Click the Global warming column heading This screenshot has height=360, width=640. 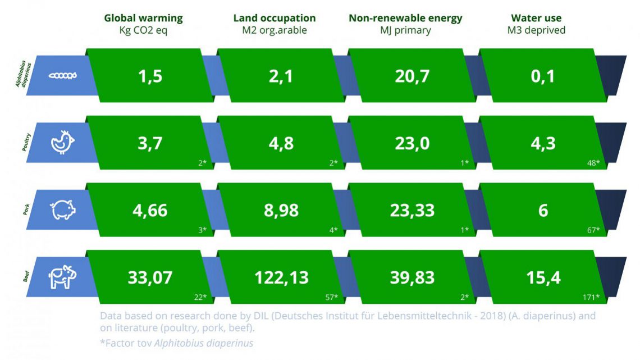(x=143, y=18)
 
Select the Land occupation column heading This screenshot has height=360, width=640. (x=275, y=18)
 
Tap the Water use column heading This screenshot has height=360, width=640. (x=536, y=18)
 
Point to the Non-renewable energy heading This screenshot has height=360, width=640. (x=405, y=18)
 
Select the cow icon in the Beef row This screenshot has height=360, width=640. (x=62, y=277)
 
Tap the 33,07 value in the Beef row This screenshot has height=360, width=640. (x=149, y=277)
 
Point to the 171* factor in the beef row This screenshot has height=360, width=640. (x=591, y=297)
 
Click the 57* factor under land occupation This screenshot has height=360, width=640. (x=331, y=297)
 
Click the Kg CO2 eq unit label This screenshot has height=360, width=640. (x=143, y=30)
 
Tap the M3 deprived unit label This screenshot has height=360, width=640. (x=536, y=30)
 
